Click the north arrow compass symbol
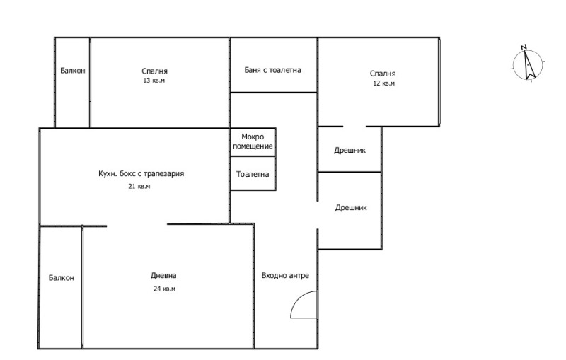tap(528, 64)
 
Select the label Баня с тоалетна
tap(272, 70)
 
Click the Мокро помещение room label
tap(253, 141)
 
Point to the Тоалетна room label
tap(253, 174)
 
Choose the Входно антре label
tap(285, 276)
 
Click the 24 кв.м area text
tap(164, 289)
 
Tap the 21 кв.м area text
tap(139, 187)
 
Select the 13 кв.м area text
tap(154, 81)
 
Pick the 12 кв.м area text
tap(383, 83)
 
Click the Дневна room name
tap(163, 276)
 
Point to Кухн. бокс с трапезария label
tap(141, 173)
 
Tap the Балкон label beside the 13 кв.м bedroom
tap(73, 70)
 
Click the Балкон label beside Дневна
tap(62, 278)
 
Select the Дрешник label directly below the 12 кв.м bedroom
tap(350, 150)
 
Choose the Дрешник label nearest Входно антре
tap(351, 207)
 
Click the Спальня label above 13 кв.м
tap(154, 71)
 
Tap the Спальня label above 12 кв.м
tap(383, 74)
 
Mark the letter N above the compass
tap(524, 47)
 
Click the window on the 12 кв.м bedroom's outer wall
tap(439, 82)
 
